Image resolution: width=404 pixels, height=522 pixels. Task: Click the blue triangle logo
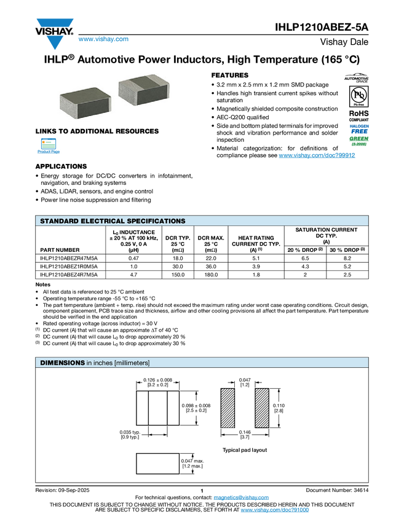click(55, 42)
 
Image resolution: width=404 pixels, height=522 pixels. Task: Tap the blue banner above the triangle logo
click(55, 23)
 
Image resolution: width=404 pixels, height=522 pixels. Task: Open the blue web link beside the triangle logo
click(103, 40)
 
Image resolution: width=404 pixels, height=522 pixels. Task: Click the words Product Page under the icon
click(49, 152)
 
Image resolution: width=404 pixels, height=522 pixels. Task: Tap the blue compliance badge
click(359, 128)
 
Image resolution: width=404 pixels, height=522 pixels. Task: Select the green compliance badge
click(359, 141)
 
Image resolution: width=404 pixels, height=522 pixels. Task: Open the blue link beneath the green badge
click(317, 156)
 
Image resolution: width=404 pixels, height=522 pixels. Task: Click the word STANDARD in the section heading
click(59, 221)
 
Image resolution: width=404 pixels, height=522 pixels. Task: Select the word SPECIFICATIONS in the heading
click(156, 221)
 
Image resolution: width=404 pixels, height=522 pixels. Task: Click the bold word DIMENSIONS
click(62, 363)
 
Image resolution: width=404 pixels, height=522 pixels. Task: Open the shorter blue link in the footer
click(241, 498)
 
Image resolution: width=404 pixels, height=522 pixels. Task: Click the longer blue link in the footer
click(274, 510)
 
